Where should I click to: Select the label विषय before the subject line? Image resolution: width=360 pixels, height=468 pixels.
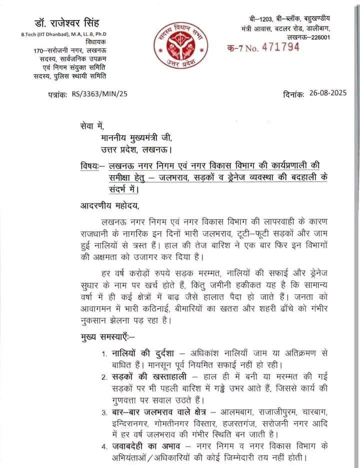[x=89, y=165]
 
